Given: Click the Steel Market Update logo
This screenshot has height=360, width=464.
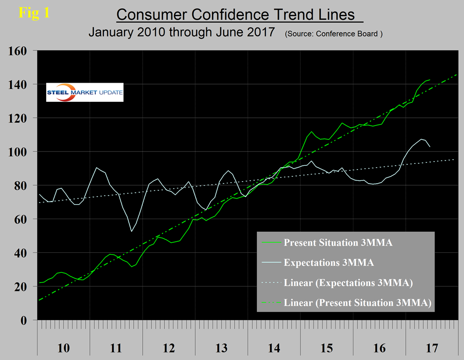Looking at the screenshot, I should (85, 92).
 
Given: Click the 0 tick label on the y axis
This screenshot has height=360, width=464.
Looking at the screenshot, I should (28, 321).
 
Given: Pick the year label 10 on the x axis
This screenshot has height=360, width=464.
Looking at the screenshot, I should (63, 347).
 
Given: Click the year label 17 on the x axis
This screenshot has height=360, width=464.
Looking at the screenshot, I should (432, 347).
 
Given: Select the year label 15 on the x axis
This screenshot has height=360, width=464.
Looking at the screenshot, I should (326, 347).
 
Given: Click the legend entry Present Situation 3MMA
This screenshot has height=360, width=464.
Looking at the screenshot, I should (338, 243).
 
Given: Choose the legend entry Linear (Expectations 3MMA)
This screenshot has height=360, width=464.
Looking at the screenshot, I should (349, 283).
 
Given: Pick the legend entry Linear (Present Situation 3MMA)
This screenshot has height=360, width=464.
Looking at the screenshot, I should (357, 303).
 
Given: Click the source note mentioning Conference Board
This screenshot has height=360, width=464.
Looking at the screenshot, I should (334, 35).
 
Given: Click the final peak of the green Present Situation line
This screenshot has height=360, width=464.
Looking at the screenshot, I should (429, 80).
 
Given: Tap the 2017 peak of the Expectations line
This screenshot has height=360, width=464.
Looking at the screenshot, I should (421, 139).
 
